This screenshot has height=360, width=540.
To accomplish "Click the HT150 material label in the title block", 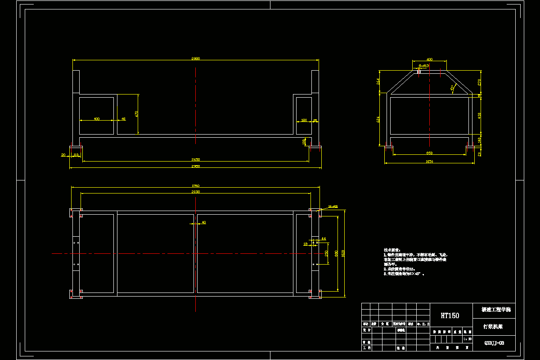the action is click(450, 315).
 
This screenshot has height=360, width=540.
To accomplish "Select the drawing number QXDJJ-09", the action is click(494, 343).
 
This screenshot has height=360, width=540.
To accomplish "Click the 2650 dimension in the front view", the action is click(196, 159).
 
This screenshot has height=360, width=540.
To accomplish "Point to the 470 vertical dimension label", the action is click(137, 114).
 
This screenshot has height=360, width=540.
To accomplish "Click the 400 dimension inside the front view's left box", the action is click(97, 119).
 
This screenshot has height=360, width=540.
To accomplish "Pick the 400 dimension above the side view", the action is click(429, 59).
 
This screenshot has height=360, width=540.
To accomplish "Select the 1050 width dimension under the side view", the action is click(429, 162).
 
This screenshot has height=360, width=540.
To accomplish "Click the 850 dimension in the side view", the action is click(429, 153).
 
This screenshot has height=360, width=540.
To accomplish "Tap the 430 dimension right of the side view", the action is click(479, 115).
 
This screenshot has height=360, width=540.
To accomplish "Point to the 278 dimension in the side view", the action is click(479, 82).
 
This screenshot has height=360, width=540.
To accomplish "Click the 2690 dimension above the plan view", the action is click(196, 192).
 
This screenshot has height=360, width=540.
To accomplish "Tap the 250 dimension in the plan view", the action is click(326, 253).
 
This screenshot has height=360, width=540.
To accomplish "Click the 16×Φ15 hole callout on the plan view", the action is click(333, 207).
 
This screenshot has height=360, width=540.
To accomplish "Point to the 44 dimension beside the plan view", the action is click(323, 238).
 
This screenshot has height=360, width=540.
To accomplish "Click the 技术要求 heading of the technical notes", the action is click(389, 250).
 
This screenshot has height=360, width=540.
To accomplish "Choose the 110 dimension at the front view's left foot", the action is click(76, 155).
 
